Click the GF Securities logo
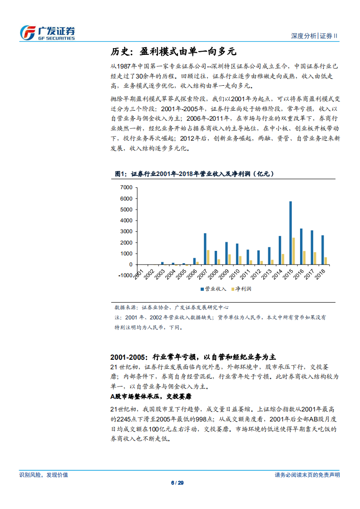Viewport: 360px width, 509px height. [x=47, y=33]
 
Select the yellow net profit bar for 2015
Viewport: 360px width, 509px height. [x=294, y=251]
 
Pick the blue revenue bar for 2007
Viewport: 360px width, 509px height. [x=205, y=249]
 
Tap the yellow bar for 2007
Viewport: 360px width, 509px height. [x=208, y=257]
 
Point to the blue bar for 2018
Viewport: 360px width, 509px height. [x=323, y=250]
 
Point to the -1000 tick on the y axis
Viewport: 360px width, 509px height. [x=124, y=275]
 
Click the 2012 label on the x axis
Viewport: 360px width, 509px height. [x=256, y=274]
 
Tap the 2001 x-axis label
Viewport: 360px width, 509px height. [x=138, y=274]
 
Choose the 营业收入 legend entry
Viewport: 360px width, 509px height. [x=213, y=289]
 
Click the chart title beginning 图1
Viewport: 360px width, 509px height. [x=191, y=173]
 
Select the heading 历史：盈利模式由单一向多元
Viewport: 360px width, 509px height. [x=174, y=51]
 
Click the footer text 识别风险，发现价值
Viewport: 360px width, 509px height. [x=44, y=475]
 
